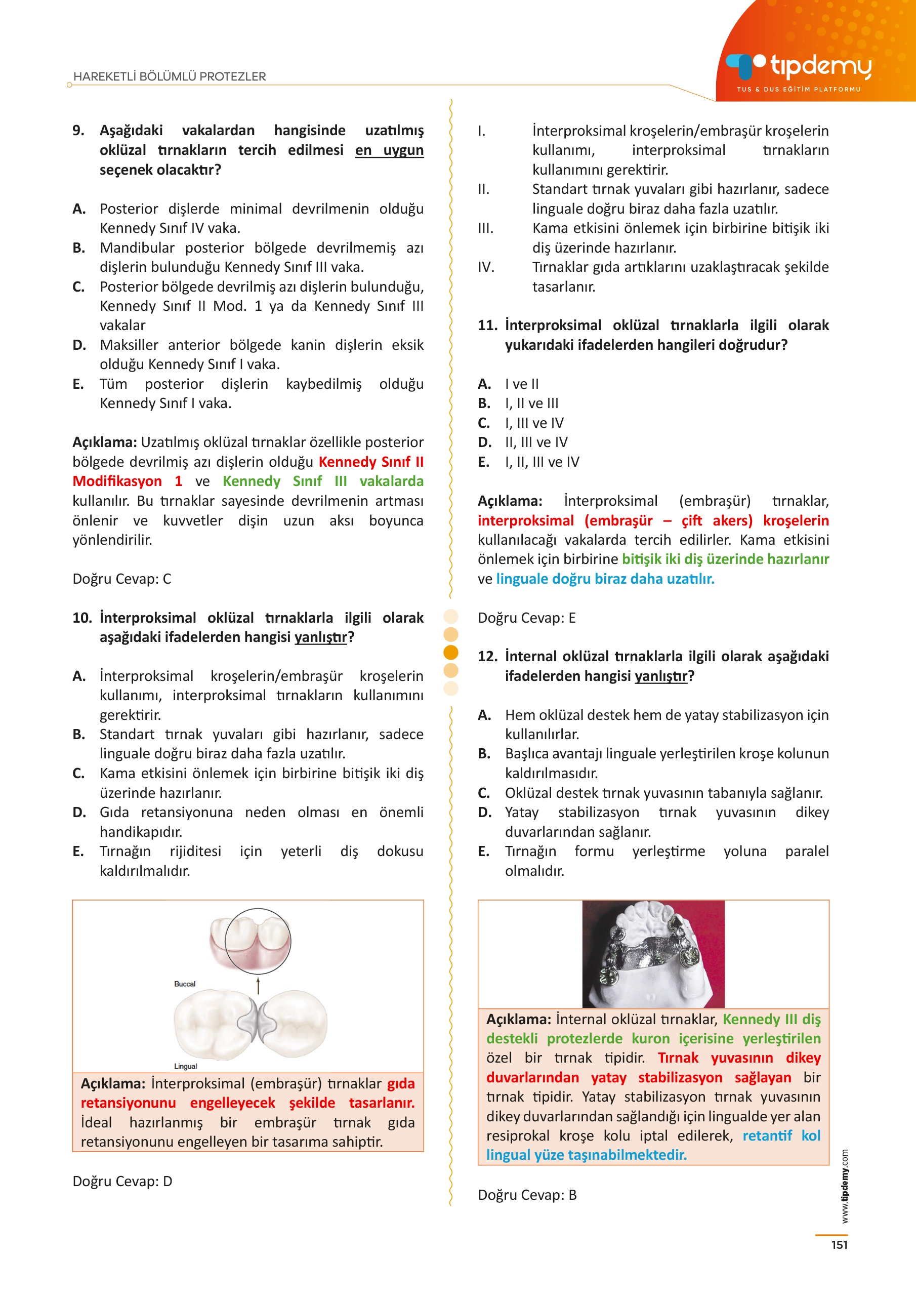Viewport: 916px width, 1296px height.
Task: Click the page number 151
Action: coord(839,1245)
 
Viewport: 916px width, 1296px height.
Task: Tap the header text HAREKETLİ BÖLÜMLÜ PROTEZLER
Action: coord(170,77)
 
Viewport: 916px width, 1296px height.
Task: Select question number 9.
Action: coord(78,131)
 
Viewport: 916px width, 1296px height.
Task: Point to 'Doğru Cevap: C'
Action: coord(122,579)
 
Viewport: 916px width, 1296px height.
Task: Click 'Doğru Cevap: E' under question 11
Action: coord(526,618)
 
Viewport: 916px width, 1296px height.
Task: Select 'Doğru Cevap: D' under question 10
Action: coord(122,1181)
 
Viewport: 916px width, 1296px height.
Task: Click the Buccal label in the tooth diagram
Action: coord(185,984)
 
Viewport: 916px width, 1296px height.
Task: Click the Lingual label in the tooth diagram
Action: coord(185,1066)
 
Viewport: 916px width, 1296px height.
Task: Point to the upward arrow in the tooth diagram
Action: coord(259,986)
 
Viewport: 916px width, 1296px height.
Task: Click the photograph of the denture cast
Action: coord(653,954)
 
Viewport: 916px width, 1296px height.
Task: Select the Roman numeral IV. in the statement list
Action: coord(486,267)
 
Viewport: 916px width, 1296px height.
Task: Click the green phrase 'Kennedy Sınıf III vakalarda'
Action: coord(323,481)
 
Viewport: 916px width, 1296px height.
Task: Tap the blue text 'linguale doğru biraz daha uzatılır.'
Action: coord(605,579)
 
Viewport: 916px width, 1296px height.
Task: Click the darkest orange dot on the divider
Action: coord(451,652)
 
